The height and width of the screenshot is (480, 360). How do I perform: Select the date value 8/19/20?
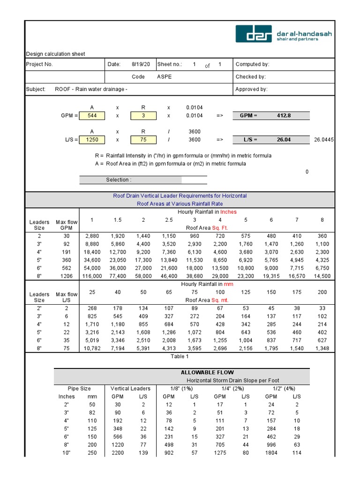(x=141, y=64)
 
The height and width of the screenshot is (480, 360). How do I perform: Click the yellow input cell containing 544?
(x=92, y=115)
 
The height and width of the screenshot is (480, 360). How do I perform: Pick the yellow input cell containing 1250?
(x=92, y=140)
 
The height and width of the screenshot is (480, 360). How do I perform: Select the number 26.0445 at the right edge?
(x=324, y=140)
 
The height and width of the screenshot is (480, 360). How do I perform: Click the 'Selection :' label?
(x=119, y=180)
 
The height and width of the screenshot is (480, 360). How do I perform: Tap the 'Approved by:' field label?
(x=251, y=89)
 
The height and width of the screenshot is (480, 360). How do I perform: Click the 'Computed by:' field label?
(x=252, y=64)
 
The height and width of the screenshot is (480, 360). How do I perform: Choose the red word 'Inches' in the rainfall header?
(x=229, y=212)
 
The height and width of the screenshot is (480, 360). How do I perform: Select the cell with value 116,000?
(x=92, y=276)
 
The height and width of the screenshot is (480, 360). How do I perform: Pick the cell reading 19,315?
(x=270, y=276)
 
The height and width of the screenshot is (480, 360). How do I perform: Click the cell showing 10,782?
(x=92, y=348)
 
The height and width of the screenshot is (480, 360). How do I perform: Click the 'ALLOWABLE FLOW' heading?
(x=207, y=372)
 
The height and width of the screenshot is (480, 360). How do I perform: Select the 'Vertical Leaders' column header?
(x=130, y=389)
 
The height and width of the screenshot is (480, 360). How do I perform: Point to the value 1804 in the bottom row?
(x=271, y=453)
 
